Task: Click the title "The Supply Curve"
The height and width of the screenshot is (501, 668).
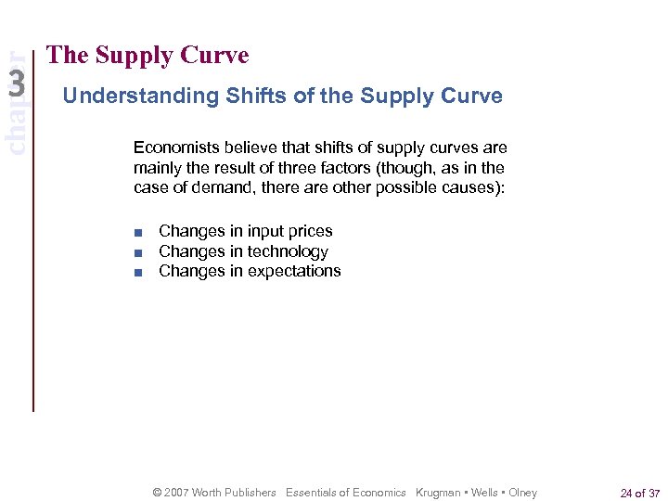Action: pos(148,56)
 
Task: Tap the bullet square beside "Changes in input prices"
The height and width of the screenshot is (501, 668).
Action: pos(137,232)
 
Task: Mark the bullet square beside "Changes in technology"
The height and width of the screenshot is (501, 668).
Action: pos(137,252)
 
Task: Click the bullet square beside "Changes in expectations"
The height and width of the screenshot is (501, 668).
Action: pos(137,272)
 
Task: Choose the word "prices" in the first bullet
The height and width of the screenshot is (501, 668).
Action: pos(310,231)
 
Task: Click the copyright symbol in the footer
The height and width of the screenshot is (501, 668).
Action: pos(157,493)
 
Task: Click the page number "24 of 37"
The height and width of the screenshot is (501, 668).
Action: pos(639,493)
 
